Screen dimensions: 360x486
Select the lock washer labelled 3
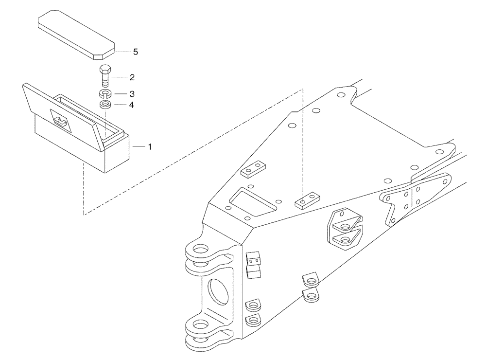(105, 93)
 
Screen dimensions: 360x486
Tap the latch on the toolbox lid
(61, 120)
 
